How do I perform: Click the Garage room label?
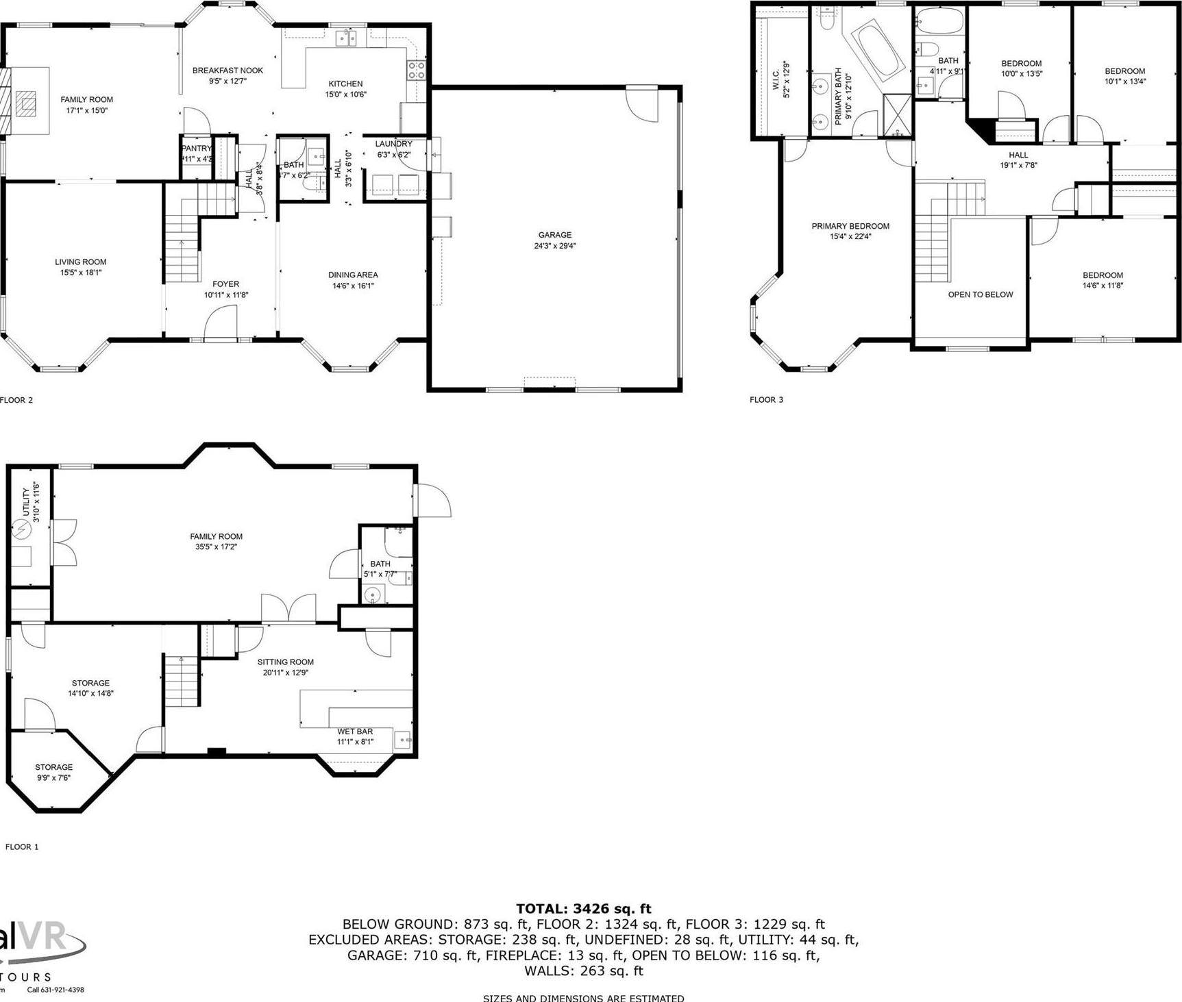tap(554, 235)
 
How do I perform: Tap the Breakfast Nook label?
tap(227, 71)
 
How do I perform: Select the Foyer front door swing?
tap(221, 322)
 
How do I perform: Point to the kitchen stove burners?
tap(416, 69)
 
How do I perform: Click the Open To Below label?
tap(980, 295)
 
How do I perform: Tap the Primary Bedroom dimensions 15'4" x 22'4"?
tap(850, 237)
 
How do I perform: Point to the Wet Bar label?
tap(355, 731)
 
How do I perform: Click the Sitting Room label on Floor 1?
tap(286, 662)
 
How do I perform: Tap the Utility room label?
tap(26, 502)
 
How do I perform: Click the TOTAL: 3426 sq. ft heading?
tap(583, 909)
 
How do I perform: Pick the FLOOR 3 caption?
tap(766, 400)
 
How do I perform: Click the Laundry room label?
tap(393, 144)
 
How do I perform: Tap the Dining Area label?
tap(353, 275)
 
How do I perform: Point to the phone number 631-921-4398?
tap(56, 989)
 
